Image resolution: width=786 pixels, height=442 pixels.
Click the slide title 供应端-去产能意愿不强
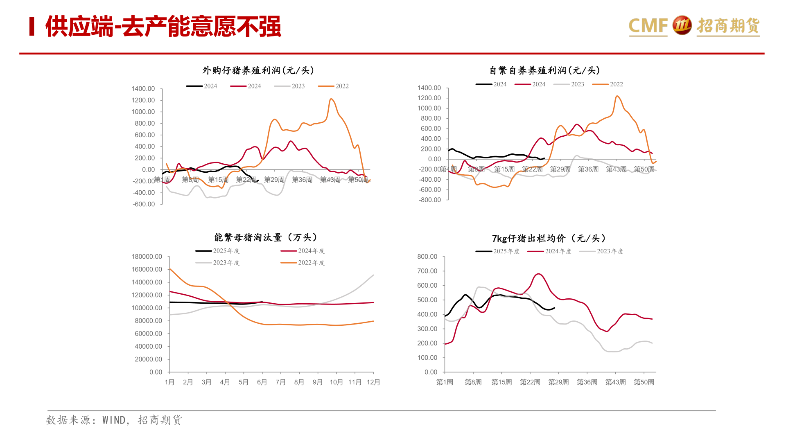coord(163,27)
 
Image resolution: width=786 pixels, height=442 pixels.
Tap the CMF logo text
coord(648,26)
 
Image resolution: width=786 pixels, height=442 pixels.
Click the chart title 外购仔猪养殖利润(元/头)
coord(258,70)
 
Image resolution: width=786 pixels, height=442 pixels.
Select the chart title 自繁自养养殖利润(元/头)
coord(544,70)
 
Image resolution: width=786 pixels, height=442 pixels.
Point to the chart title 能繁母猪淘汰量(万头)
coord(266,237)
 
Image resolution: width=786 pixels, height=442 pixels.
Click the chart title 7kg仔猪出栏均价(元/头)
coord(549,238)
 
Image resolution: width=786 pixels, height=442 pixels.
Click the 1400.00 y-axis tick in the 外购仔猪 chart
coord(143,89)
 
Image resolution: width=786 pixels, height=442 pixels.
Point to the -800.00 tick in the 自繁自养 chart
coord(429,200)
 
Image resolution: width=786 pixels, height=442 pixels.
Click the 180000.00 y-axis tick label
coord(147,257)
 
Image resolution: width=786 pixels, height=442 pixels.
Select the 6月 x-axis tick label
coord(262,382)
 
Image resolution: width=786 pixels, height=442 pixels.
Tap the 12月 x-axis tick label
coord(373,382)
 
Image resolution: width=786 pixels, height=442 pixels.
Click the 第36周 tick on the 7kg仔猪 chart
coord(587,382)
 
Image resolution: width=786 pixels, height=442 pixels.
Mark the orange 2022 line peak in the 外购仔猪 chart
coord(331,99)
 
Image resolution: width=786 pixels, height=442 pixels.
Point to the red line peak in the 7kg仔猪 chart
coord(538,274)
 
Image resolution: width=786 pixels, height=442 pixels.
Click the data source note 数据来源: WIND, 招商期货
coord(114,420)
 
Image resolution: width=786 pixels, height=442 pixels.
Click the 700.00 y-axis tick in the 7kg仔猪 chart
coord(427,271)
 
